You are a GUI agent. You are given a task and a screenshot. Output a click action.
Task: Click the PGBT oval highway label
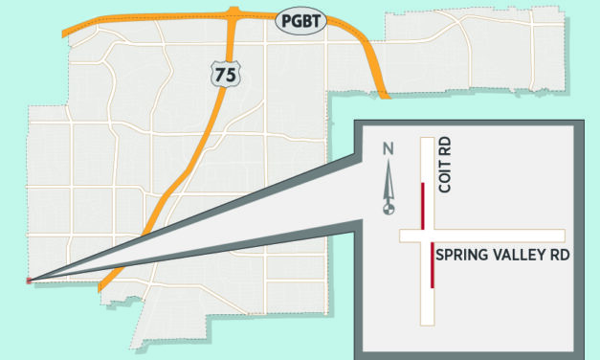300,20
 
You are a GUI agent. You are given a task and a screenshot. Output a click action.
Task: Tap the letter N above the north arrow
388,148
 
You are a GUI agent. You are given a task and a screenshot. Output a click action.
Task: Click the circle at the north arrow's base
389,209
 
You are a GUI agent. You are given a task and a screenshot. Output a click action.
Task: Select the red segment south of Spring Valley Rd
433,265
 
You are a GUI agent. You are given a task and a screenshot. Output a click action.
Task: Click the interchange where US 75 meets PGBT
233,13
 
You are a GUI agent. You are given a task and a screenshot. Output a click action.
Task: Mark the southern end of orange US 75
102,285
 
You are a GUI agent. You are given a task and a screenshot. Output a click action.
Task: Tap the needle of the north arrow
389,182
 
